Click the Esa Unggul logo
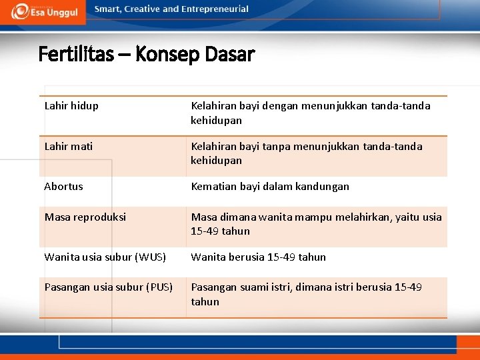pos(43,11)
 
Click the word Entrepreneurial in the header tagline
pos(217,9)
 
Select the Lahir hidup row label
pos(71,105)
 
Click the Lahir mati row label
pos(69,146)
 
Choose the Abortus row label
pos(64,186)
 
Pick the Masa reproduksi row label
pos(85,217)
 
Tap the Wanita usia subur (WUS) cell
pos(105,257)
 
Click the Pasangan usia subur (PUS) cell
pos(109,287)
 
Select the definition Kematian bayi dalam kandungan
pos(270,186)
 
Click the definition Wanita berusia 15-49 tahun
pos(259,257)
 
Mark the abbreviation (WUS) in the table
pos(151,257)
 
